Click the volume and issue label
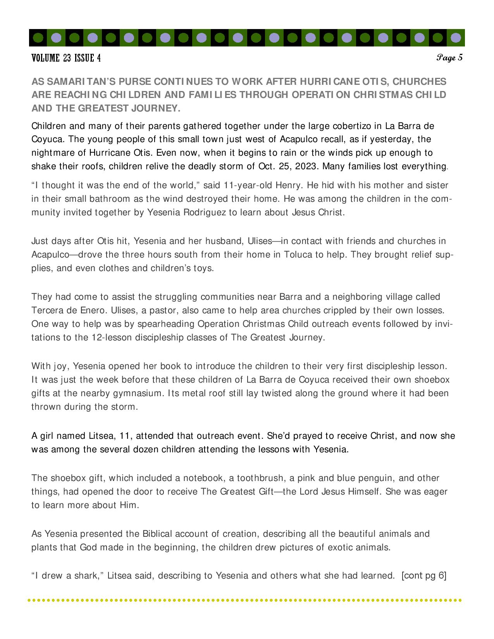[x=66, y=58]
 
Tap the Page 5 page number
[x=449, y=58]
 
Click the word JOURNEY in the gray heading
[x=157, y=108]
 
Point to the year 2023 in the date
[x=308, y=166]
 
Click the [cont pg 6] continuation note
[x=424, y=575]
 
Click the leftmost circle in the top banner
[x=38, y=38]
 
